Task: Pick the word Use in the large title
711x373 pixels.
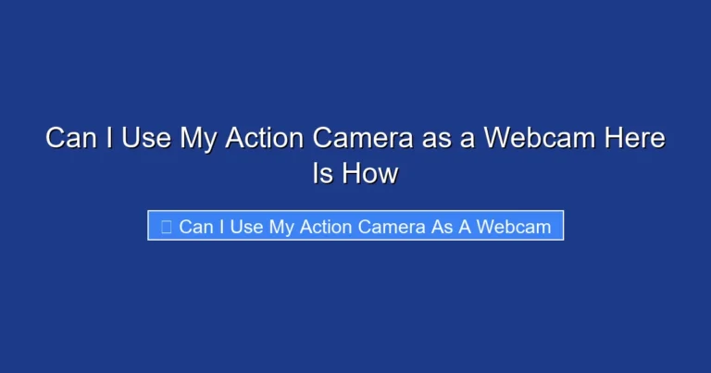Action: (147, 139)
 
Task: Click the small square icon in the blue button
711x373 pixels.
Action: (166, 227)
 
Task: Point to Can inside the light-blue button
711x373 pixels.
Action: (194, 227)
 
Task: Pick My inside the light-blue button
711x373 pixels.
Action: (282, 227)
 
